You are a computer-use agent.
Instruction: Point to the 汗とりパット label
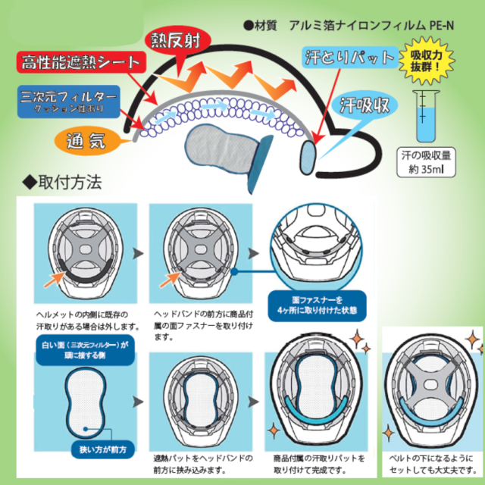pyautogui.click(x=348, y=58)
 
